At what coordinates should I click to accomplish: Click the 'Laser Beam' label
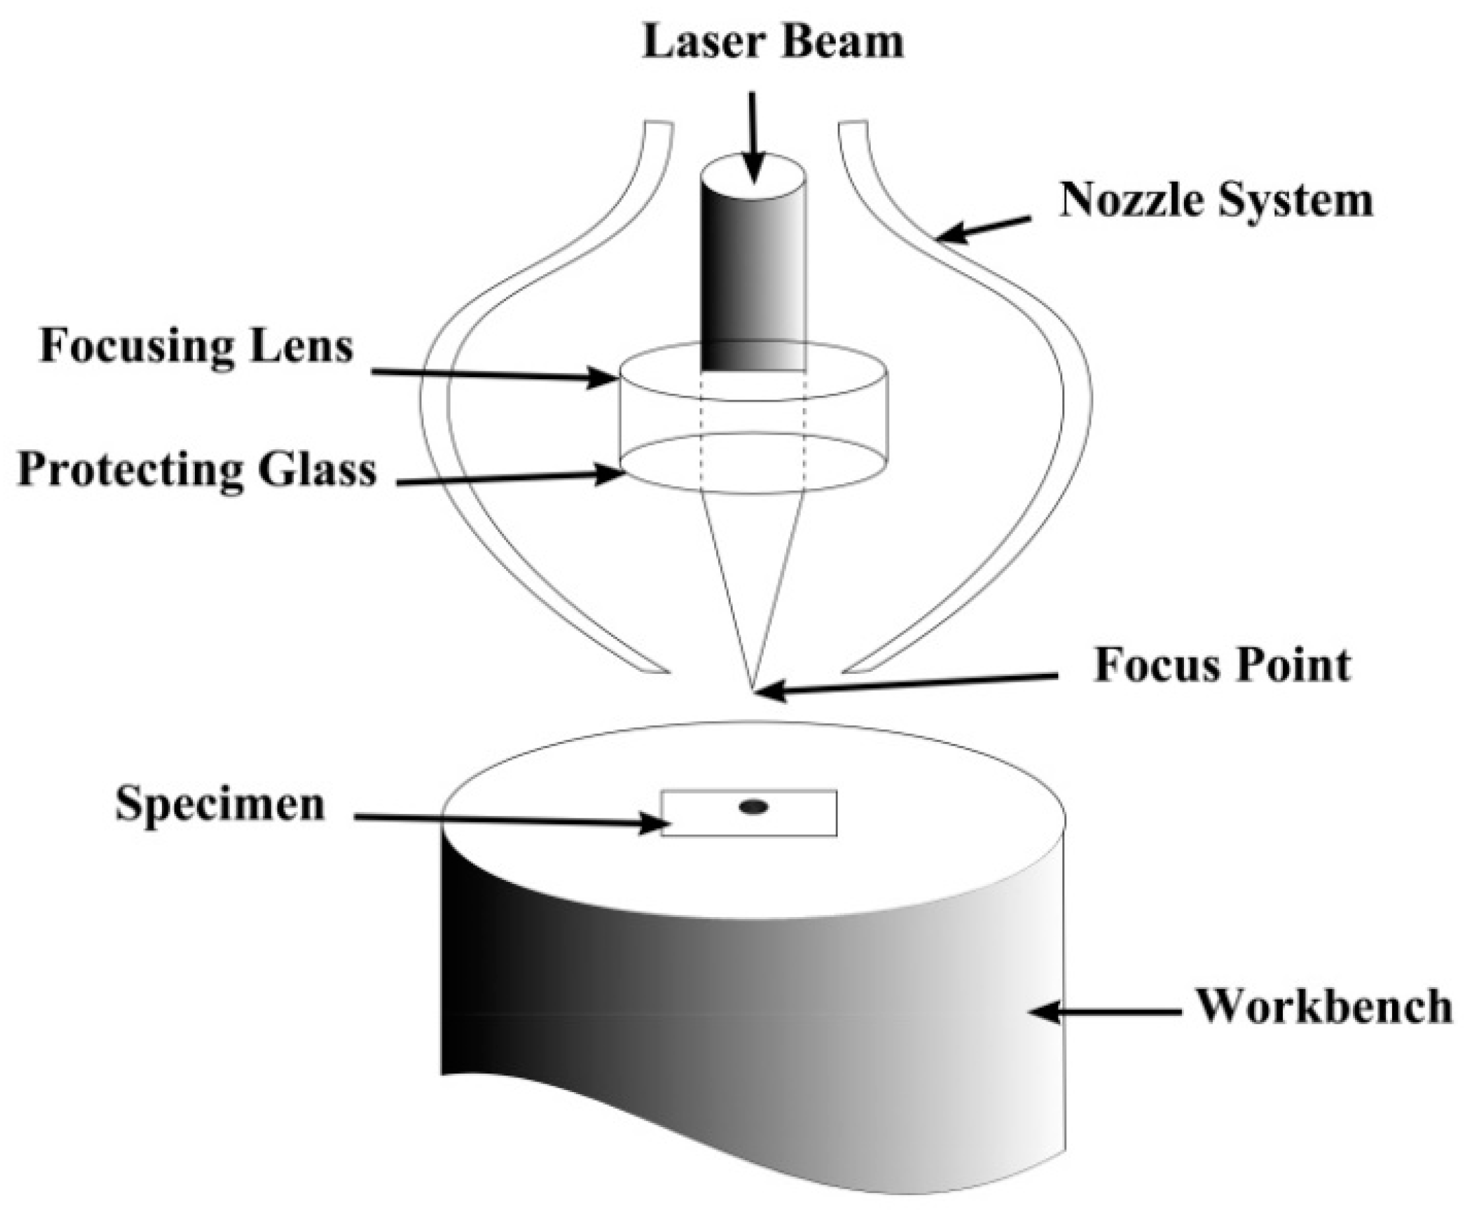[x=772, y=42]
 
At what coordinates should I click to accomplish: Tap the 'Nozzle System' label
[x=1216, y=201]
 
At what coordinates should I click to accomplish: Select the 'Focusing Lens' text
[x=197, y=346]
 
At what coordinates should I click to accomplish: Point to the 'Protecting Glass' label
[x=197, y=469]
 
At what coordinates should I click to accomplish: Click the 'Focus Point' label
[x=1222, y=665]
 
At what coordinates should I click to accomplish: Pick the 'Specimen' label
[x=220, y=804]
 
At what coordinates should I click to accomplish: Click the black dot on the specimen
[x=754, y=807]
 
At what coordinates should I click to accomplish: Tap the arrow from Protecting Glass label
[x=509, y=478]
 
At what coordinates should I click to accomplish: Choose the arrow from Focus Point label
[x=906, y=683]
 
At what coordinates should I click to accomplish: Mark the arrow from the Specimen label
[x=509, y=821]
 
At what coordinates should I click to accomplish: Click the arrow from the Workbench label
[x=1105, y=1011]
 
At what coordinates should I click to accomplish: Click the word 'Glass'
[x=317, y=469]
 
